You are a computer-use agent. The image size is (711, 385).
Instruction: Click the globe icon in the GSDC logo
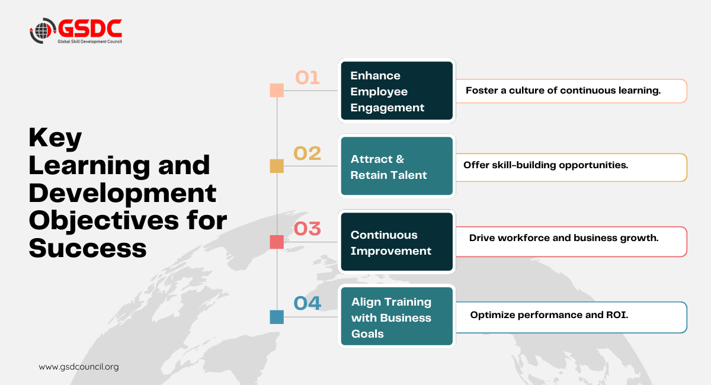pyautogui.click(x=42, y=30)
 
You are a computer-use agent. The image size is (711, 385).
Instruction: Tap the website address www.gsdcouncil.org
pyautogui.click(x=79, y=367)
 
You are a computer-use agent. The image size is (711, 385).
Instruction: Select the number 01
pyautogui.click(x=307, y=78)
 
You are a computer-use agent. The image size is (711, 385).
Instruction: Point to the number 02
pyautogui.click(x=308, y=153)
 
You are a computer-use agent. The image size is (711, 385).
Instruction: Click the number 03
pyautogui.click(x=308, y=229)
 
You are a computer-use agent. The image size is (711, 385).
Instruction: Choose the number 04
pyautogui.click(x=308, y=303)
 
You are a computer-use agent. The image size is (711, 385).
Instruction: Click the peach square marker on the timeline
pyautogui.click(x=277, y=91)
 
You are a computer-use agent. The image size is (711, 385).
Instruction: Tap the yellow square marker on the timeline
pyautogui.click(x=277, y=166)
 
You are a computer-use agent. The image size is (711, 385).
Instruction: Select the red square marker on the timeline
pyautogui.click(x=277, y=242)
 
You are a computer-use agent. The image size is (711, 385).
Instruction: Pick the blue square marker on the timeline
pyautogui.click(x=277, y=317)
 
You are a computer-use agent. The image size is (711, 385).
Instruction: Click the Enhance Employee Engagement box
pyautogui.click(x=397, y=91)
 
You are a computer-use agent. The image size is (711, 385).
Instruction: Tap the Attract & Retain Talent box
pyautogui.click(x=397, y=166)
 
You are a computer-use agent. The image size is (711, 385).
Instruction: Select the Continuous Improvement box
pyautogui.click(x=397, y=242)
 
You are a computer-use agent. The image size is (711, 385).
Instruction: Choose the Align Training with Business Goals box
pyautogui.click(x=397, y=316)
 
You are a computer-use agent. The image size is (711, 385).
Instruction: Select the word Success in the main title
pyautogui.click(x=88, y=248)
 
